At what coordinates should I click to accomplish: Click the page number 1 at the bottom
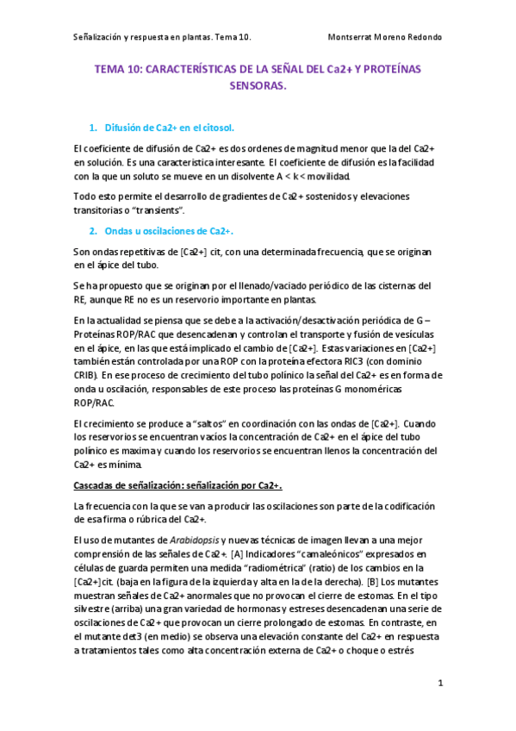coord(440,683)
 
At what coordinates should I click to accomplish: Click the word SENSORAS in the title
coord(258,86)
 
